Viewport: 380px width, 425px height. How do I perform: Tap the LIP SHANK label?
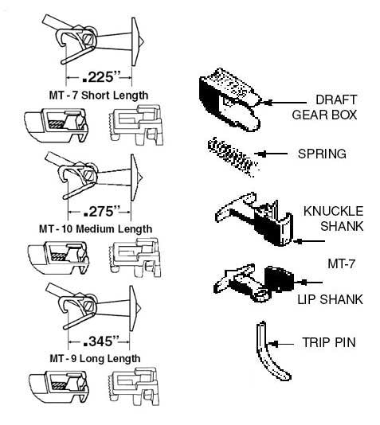[331, 298]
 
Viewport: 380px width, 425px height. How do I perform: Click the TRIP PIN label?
[330, 343]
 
